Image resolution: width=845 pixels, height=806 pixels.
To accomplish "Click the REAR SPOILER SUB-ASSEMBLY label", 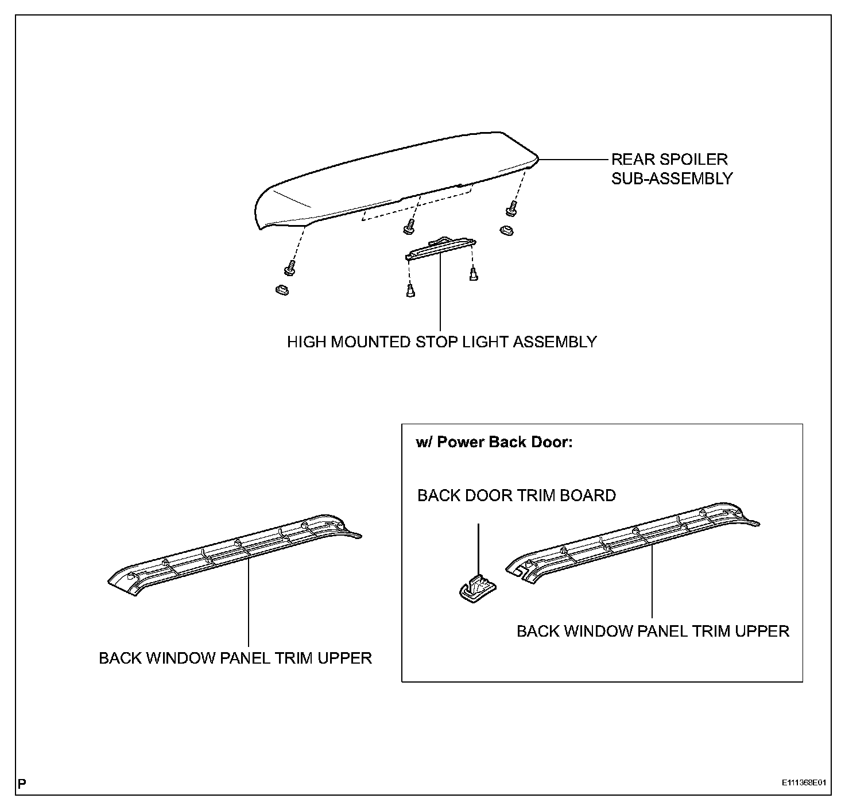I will click(671, 169).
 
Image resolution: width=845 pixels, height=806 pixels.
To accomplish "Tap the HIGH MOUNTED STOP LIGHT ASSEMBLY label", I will click(441, 342).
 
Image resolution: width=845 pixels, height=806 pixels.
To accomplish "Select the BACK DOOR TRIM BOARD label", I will click(516, 495).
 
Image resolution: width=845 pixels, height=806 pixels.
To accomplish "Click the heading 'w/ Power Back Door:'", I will click(494, 443).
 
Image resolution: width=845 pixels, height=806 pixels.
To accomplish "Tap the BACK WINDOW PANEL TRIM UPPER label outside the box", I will click(235, 658).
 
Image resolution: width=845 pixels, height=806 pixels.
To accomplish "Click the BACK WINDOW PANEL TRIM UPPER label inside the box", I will click(653, 631).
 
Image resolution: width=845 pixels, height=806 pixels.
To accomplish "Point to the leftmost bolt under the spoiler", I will click(289, 267).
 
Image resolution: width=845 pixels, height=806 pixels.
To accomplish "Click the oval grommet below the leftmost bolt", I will click(281, 289).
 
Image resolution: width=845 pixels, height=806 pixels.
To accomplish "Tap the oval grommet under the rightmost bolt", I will click(506, 230).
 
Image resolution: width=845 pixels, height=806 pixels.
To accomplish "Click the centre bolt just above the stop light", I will click(409, 226).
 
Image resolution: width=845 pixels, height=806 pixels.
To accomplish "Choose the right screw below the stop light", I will click(474, 274).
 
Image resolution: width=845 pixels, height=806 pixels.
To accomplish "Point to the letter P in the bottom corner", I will click(22, 783).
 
